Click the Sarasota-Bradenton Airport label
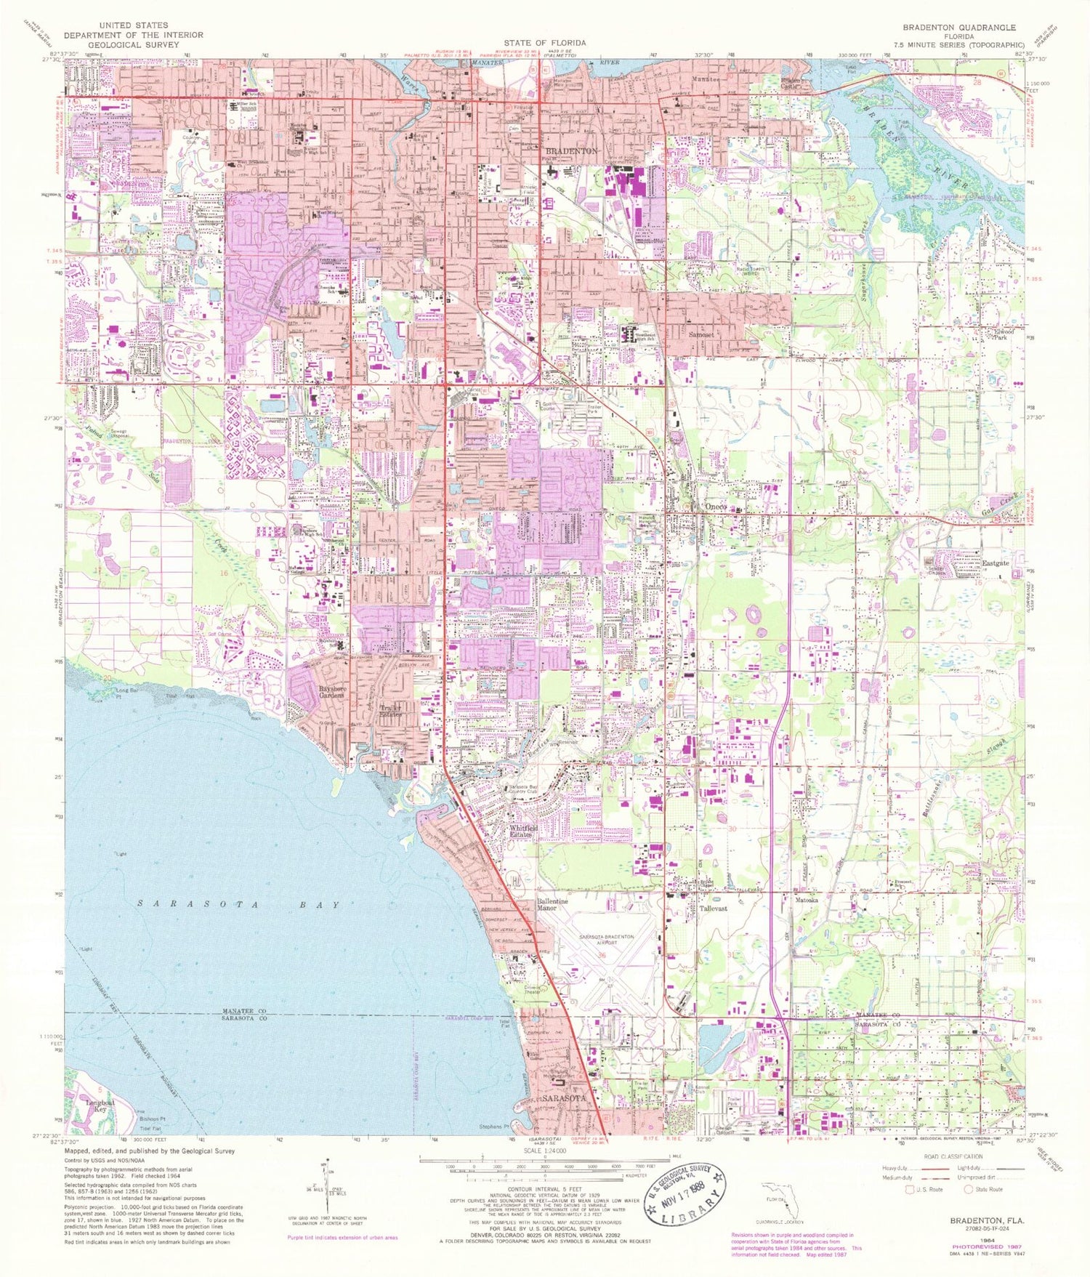coord(607,940)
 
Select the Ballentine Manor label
coord(552,905)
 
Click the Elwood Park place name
coord(1004,334)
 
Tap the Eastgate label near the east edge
coord(996,563)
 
